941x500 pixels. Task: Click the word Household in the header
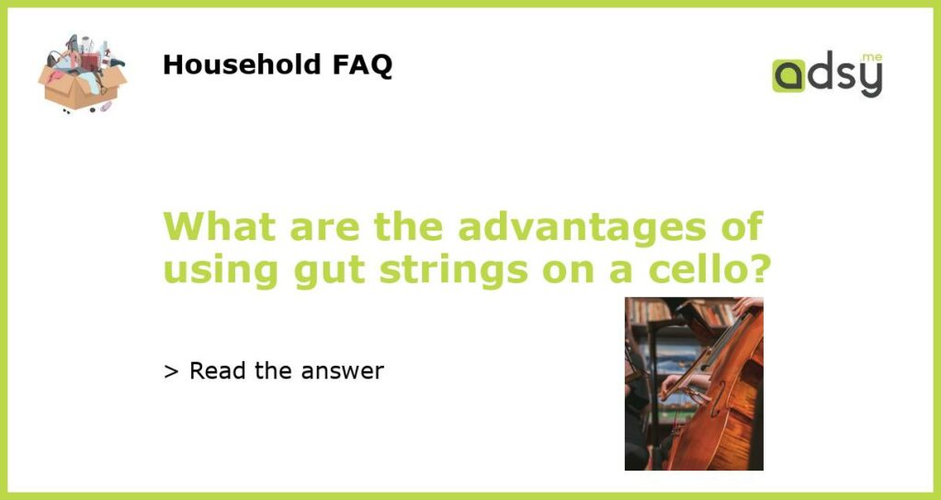pos(242,64)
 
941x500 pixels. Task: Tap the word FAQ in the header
pos(362,65)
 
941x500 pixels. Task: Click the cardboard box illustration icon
pos(82,74)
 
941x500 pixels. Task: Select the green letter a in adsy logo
pos(788,75)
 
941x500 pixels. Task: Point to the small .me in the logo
pos(871,58)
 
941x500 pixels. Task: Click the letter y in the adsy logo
pos(871,80)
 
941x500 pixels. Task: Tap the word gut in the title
pos(329,271)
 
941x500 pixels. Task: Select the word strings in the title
pos(453,271)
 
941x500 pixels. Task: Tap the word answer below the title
pos(342,371)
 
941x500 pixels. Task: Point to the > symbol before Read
pos(171,371)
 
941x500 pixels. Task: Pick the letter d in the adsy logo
pos(820,72)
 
